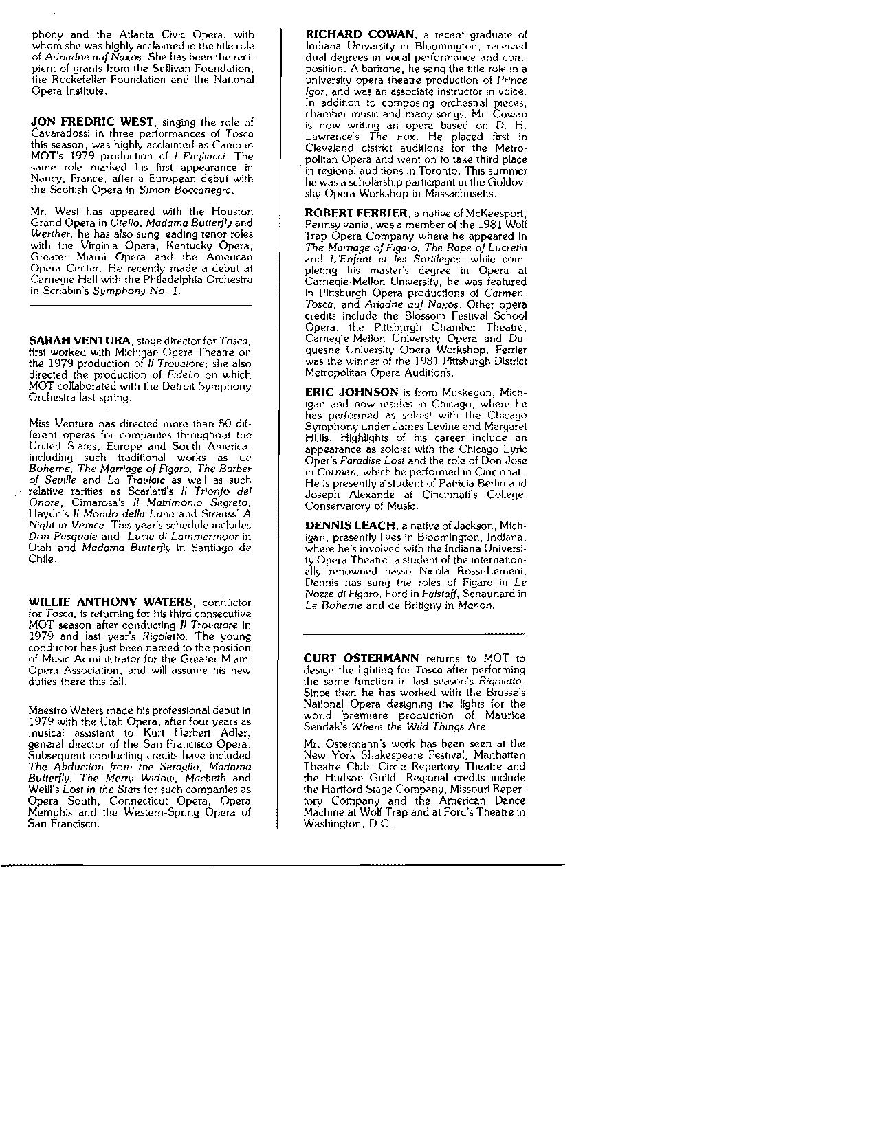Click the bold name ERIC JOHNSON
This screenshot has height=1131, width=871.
coord(351,392)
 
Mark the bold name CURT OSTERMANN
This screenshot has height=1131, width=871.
coord(361,658)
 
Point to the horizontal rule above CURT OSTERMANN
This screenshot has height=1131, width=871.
coord(413,633)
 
